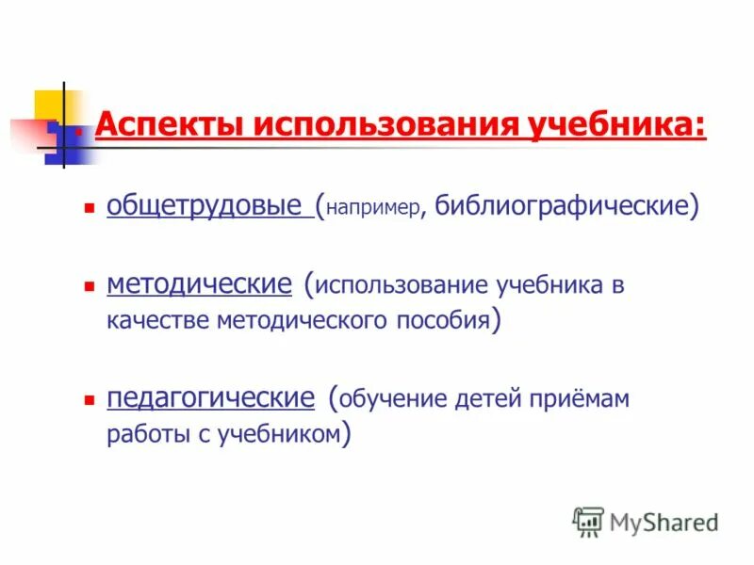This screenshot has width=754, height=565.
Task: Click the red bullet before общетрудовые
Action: click(89, 204)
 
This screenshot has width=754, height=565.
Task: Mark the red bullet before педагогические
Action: click(89, 398)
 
